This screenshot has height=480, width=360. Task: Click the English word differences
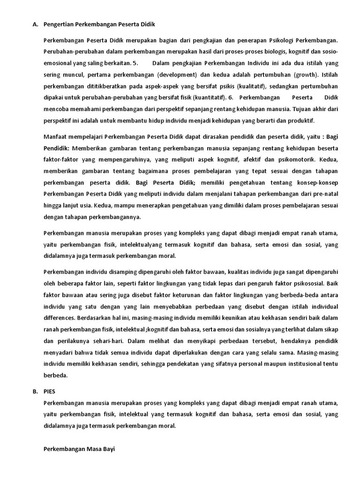59,318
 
